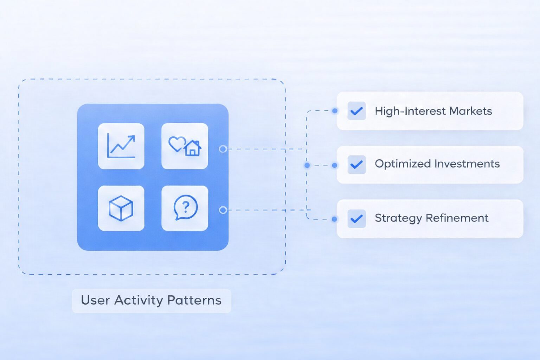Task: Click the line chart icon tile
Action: [x=121, y=146]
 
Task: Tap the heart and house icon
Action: [x=185, y=146]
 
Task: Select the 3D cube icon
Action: [x=121, y=208]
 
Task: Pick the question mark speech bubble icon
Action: [x=185, y=208]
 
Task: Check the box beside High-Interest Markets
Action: [x=356, y=111]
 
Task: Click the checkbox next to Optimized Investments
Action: [x=356, y=165]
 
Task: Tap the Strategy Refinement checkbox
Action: [x=356, y=219]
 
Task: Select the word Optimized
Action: [x=403, y=164]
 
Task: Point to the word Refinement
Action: [x=457, y=218]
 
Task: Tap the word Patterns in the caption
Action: [x=194, y=300]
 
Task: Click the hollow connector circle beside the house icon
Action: [x=223, y=149]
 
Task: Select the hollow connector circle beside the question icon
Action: [x=223, y=210]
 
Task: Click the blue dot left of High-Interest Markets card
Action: [x=335, y=111]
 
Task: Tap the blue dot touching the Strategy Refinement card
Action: [x=334, y=219]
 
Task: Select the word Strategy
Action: [x=398, y=218]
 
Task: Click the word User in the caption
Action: [x=95, y=300]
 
